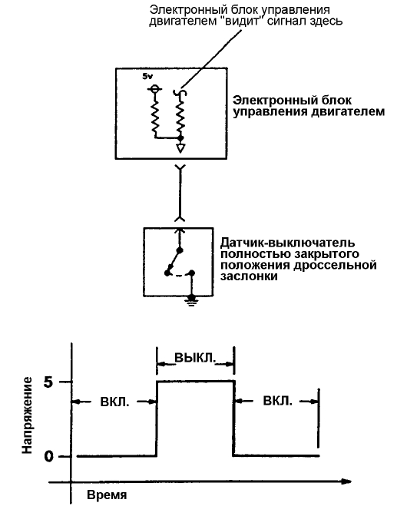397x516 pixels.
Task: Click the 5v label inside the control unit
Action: [147, 76]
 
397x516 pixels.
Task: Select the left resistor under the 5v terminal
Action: [154, 116]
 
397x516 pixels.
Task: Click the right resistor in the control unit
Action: [180, 116]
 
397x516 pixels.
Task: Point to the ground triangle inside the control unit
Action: [180, 148]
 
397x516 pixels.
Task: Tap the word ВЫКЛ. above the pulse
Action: [195, 358]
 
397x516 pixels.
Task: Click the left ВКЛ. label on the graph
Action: [115, 402]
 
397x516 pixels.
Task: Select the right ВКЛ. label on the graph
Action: [277, 401]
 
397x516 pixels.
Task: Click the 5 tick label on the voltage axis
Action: [48, 382]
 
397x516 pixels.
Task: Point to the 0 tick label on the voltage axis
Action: [48, 456]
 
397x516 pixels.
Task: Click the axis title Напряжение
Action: [27, 415]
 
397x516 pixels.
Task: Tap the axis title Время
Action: [107, 495]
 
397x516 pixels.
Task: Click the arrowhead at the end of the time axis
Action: [346, 481]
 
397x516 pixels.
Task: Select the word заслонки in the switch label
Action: [249, 276]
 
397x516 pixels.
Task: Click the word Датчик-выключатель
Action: [288, 243]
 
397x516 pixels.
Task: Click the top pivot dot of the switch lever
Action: [180, 250]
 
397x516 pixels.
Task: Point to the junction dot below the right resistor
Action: [180, 137]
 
